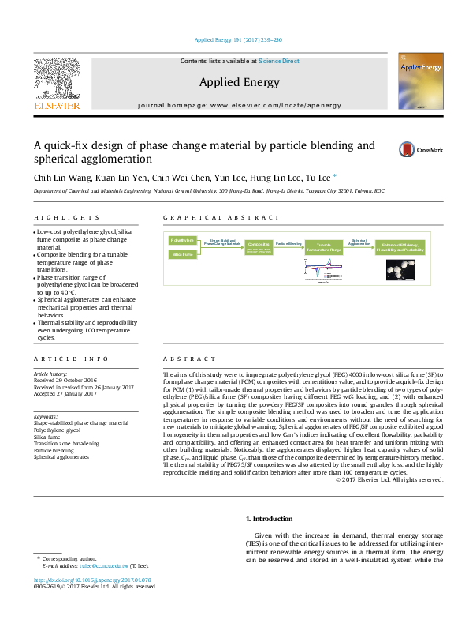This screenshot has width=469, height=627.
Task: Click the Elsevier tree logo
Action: (56, 82)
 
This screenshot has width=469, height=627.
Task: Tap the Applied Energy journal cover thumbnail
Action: (419, 81)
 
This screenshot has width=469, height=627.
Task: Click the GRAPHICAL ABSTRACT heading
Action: (207, 217)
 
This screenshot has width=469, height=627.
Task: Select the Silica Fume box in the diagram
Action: (182, 254)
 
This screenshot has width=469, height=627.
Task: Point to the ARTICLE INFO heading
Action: (60, 359)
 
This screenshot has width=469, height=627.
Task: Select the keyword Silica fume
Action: (47, 436)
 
